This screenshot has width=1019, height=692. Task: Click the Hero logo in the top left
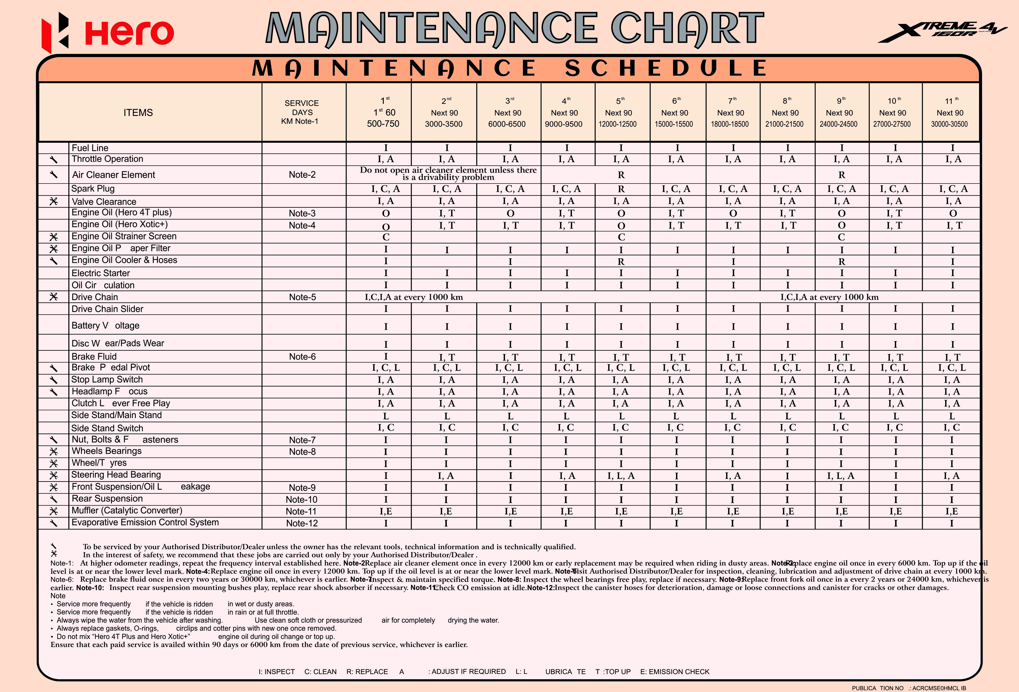click(x=107, y=33)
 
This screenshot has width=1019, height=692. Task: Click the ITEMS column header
click(x=138, y=113)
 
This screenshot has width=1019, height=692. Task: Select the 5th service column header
click(x=618, y=113)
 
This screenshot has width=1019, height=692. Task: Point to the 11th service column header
click(x=950, y=113)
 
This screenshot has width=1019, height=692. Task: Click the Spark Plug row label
click(x=93, y=189)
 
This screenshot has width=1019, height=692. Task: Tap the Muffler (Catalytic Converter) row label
click(x=127, y=510)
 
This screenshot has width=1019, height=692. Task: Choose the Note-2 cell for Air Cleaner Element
click(x=302, y=175)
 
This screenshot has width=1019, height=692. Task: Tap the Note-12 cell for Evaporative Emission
click(x=302, y=523)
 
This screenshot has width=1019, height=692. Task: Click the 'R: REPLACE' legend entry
click(x=367, y=671)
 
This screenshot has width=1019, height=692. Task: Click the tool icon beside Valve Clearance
click(x=53, y=201)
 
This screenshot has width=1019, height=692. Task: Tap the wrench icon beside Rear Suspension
click(x=53, y=499)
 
